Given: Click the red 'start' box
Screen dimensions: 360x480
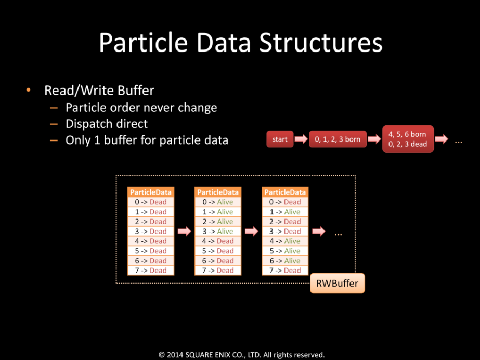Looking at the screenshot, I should [x=280, y=139].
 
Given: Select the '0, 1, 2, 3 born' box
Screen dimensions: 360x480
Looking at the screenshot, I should [x=338, y=139].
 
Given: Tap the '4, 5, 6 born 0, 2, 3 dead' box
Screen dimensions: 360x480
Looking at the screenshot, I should [x=408, y=139].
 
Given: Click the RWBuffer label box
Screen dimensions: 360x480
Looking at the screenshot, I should [x=337, y=284].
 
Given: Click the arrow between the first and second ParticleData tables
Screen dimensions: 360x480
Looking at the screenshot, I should [x=184, y=232].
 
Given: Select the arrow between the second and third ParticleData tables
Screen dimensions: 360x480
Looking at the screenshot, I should [x=251, y=232].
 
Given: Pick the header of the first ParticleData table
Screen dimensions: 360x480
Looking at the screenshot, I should [x=151, y=192].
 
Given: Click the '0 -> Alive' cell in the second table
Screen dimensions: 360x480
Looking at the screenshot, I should [x=218, y=202].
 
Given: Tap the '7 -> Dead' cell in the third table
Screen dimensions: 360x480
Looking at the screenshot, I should [x=285, y=271].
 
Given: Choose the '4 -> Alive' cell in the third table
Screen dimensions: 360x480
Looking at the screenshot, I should [x=285, y=241].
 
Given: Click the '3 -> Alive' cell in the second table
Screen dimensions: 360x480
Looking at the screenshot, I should [x=218, y=232].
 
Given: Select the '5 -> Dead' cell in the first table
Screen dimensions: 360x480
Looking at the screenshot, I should [x=151, y=251].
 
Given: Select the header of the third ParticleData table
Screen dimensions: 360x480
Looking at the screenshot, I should [x=285, y=192].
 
